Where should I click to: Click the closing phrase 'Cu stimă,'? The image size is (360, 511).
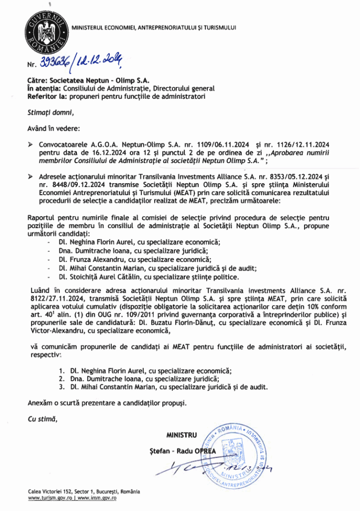pyautogui.click(x=42, y=419)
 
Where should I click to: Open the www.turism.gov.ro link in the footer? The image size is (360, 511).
pyautogui.click(x=50, y=499)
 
